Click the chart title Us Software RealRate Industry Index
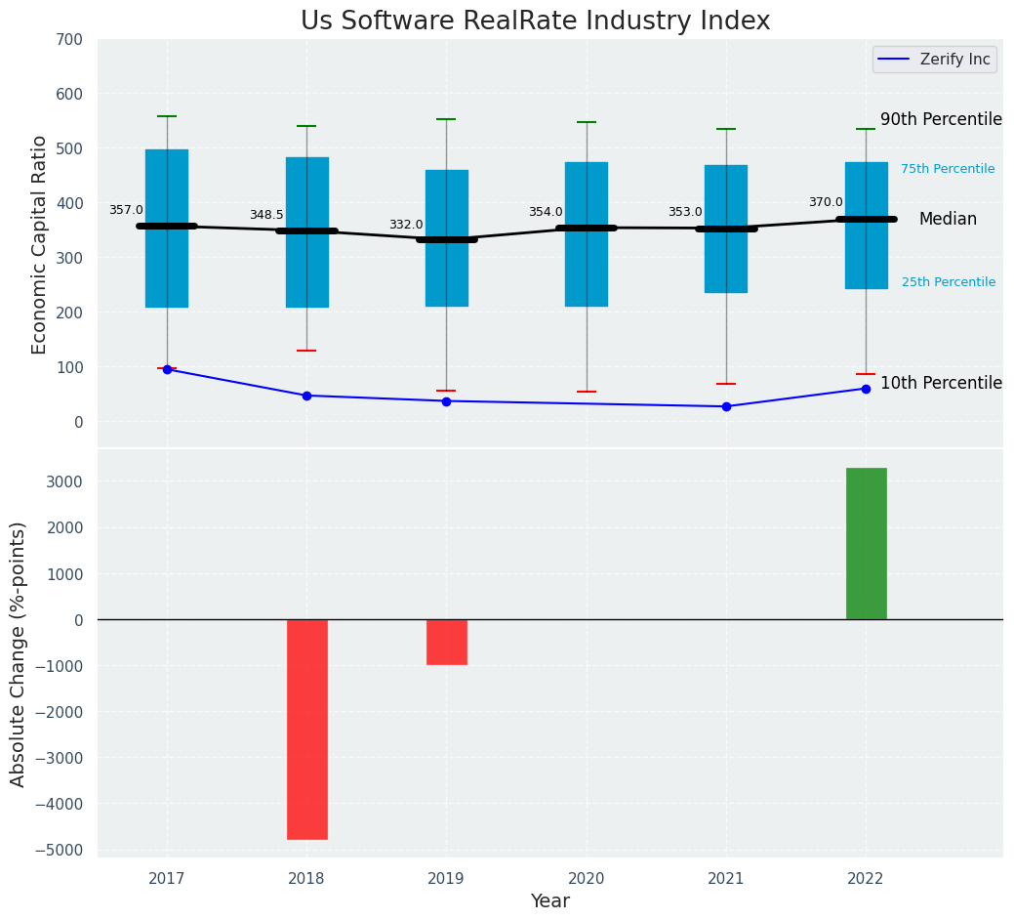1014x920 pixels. coord(535,21)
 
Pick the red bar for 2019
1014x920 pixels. coord(446,642)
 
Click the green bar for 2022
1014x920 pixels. coord(866,543)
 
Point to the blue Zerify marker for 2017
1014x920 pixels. coord(167,369)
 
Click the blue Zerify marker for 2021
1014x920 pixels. coord(726,406)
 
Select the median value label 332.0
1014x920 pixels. coord(406,225)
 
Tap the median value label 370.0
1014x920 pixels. coord(826,202)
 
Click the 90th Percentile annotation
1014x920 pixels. coord(941,119)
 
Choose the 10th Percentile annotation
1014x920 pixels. coord(941,383)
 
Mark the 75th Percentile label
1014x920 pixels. coord(948,169)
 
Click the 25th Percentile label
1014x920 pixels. coord(948,282)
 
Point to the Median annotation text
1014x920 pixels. coord(948,219)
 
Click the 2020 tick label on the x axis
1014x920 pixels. coord(586,879)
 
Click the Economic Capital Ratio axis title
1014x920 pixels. coord(40,244)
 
